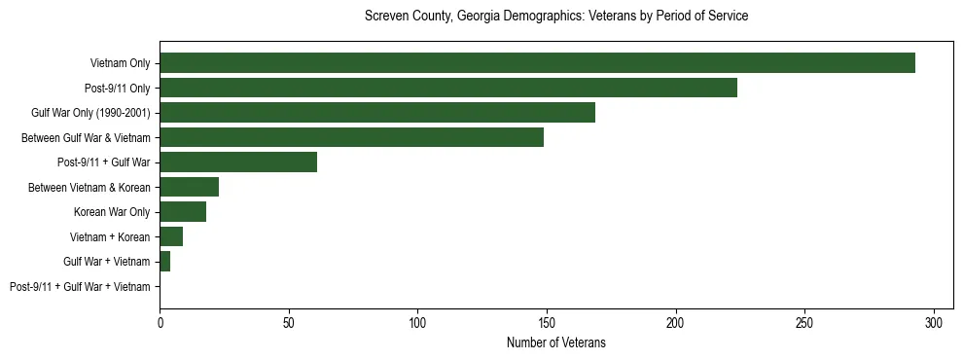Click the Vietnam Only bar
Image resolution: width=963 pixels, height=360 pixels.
coord(537,63)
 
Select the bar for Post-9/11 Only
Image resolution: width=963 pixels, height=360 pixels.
coord(448,89)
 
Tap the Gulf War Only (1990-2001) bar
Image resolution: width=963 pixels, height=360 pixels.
coord(377,113)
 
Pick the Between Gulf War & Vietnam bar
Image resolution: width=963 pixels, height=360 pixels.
coord(351,137)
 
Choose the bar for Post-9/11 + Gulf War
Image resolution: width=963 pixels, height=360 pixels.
coord(238,162)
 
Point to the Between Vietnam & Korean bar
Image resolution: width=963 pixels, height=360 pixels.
coord(189,187)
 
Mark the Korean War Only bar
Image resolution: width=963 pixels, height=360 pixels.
coord(183,212)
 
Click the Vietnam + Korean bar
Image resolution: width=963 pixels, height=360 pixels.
coord(171,236)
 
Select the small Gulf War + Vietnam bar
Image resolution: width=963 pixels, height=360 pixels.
coord(165,262)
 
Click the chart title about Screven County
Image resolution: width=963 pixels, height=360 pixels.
coord(555,17)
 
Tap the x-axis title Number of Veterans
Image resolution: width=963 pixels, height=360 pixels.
coord(555,342)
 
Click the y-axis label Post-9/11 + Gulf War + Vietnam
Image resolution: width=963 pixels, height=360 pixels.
coord(80,287)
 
